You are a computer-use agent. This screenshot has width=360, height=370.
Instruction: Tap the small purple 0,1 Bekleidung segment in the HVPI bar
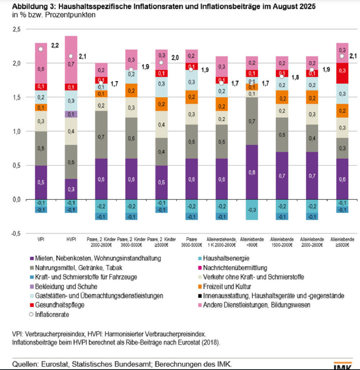coord(71,114)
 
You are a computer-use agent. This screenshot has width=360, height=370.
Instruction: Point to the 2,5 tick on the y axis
coord(16,29)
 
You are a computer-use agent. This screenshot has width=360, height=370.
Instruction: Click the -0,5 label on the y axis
coord(15,233)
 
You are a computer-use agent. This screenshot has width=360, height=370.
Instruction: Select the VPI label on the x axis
coord(41,239)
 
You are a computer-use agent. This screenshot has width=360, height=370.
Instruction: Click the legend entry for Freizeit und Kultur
coord(227,286)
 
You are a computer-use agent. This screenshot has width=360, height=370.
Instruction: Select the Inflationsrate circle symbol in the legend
coord(31,315)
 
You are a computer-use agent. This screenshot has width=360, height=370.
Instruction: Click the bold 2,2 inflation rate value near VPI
coord(55,45)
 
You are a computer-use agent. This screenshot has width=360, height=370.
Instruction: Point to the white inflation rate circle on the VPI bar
coord(41,49)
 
